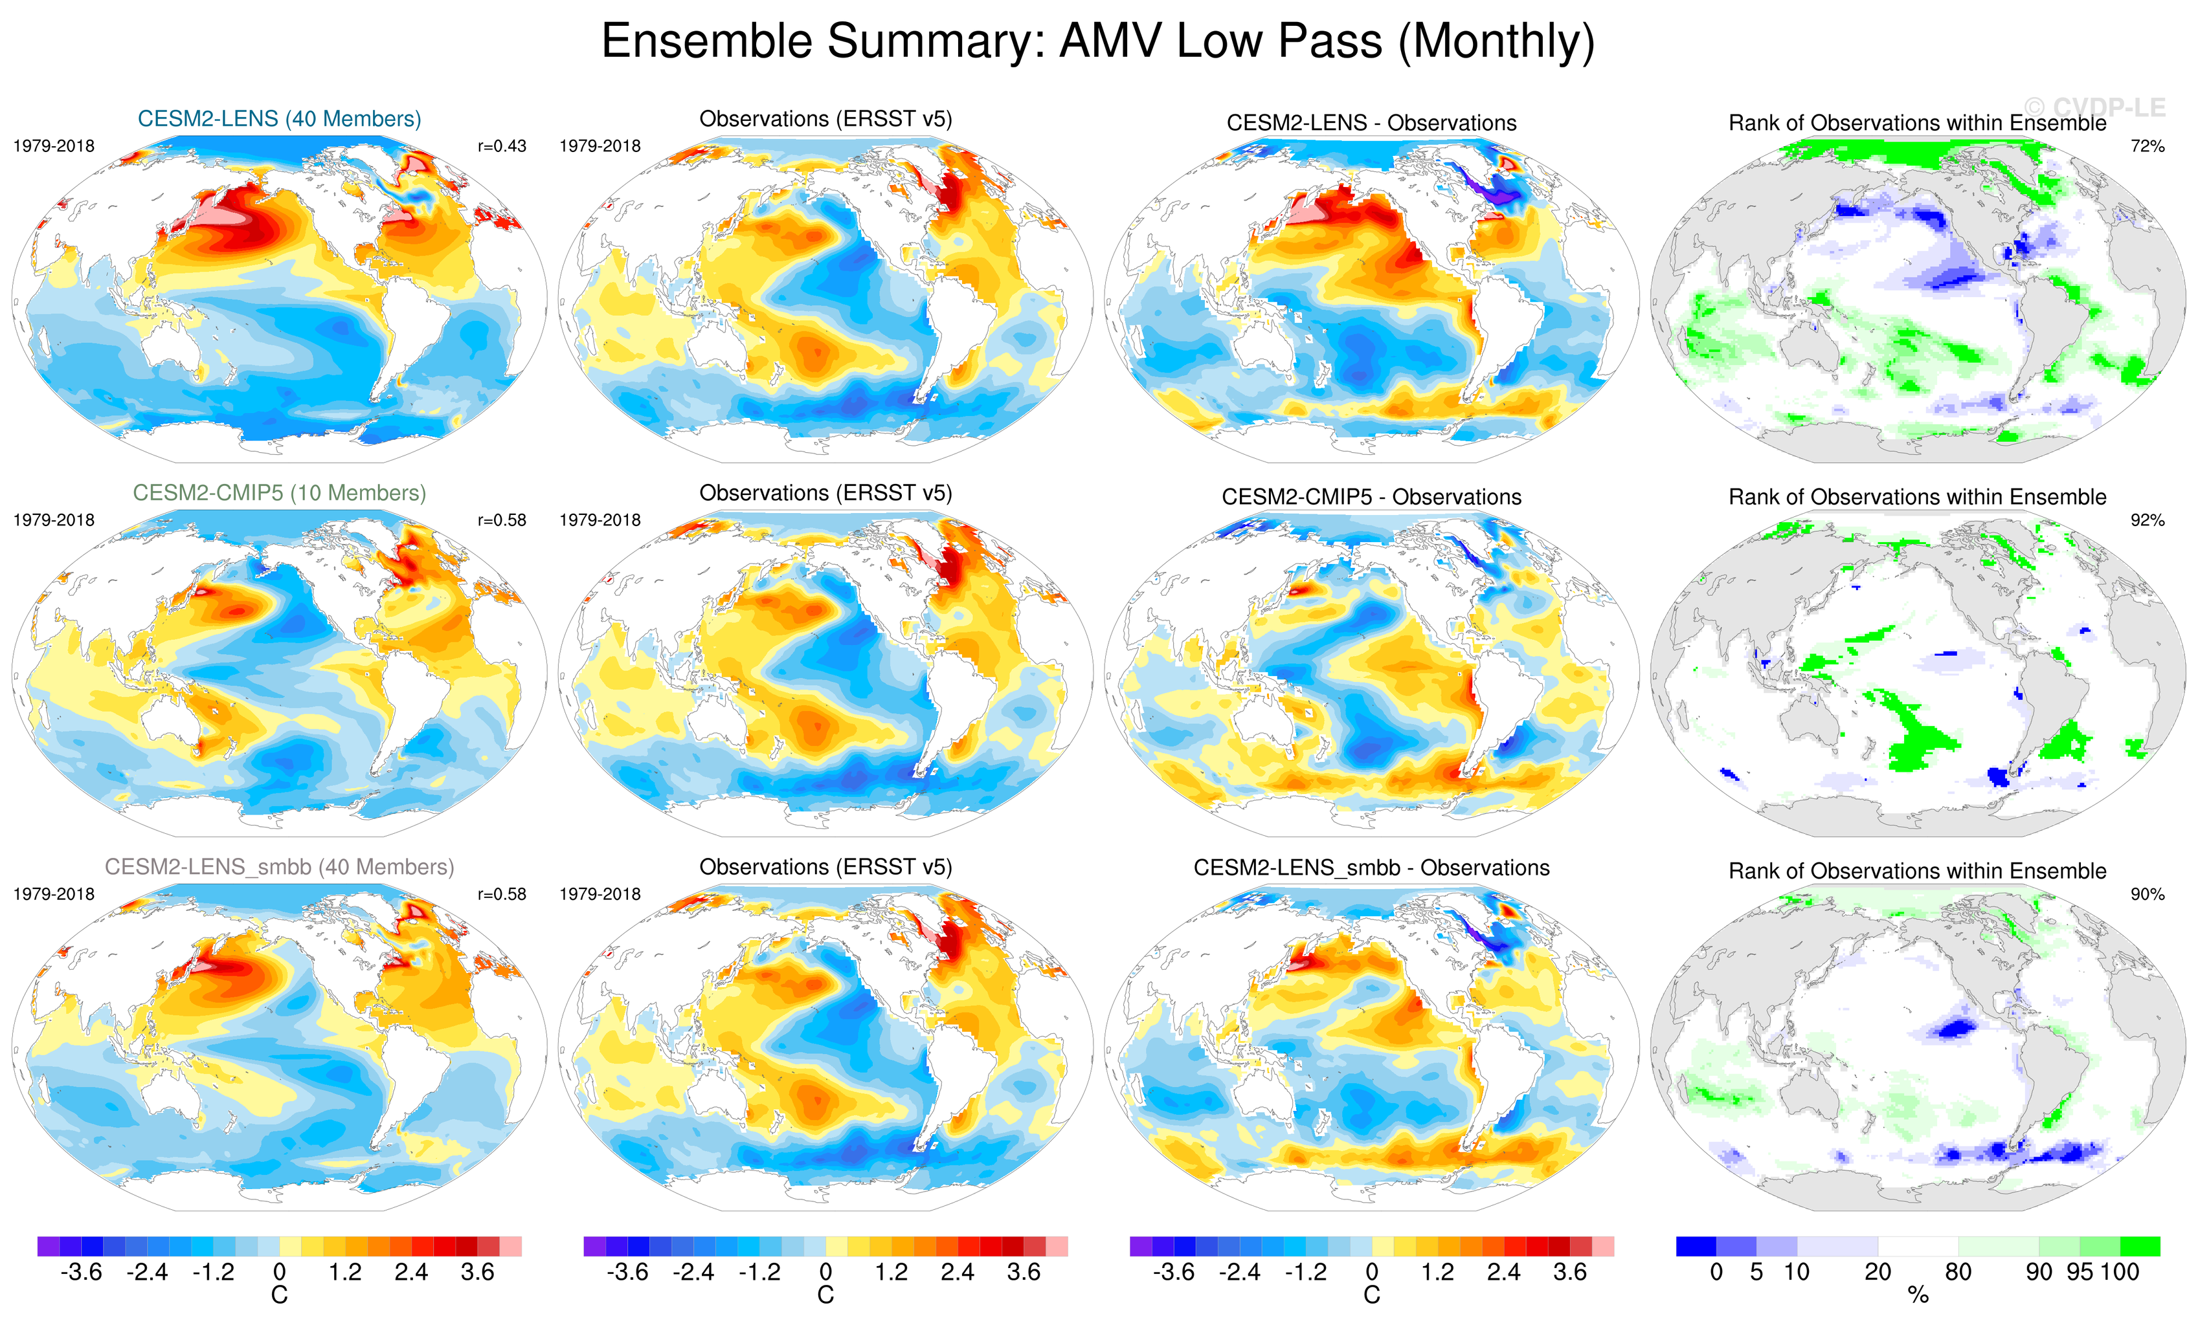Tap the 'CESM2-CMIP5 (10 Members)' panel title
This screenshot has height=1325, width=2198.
point(279,493)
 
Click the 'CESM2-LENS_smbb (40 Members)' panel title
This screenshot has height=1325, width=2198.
point(279,867)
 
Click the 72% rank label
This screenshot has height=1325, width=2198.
point(2147,146)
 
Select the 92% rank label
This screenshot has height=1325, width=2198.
point(2147,520)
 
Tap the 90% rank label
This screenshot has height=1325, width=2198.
point(2147,893)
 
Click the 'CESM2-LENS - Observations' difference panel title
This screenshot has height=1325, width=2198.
point(1371,123)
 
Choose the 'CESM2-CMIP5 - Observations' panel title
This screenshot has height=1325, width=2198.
point(1371,497)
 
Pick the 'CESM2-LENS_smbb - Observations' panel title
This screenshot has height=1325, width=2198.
point(1371,868)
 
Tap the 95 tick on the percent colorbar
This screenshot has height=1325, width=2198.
point(2080,1273)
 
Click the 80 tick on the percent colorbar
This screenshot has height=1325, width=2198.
point(1958,1273)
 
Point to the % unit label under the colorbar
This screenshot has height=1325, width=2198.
point(1918,1296)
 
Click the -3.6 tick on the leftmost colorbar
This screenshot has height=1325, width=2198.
point(81,1273)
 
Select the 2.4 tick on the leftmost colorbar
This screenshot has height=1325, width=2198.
point(411,1273)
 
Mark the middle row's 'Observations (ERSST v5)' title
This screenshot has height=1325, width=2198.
point(825,493)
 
